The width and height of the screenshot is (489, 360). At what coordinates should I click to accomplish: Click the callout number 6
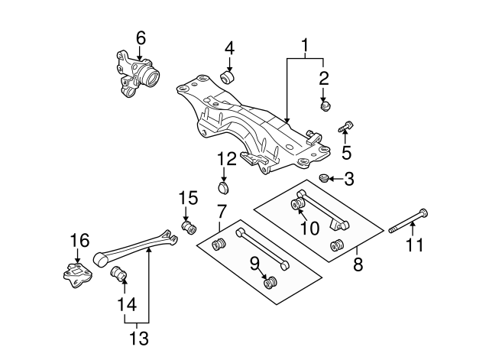point(140,37)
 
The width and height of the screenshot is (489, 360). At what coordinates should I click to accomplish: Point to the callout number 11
point(413,245)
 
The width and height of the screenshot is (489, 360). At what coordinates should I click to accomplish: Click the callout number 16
point(79,241)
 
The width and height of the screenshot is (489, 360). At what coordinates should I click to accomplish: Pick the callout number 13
point(138,337)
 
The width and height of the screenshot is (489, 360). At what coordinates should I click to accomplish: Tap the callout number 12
point(227,159)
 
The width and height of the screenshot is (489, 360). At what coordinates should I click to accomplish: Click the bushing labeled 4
point(228,76)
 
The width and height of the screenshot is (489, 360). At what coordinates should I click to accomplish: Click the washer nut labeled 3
point(323,179)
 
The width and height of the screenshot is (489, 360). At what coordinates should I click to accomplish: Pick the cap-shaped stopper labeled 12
point(224,187)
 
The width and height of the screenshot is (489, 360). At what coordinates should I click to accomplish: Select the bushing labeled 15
point(189,227)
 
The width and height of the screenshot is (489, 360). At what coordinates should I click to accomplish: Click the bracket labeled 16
point(78,276)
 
